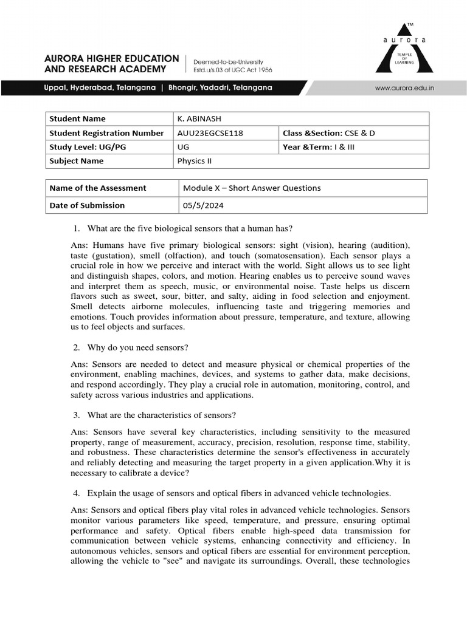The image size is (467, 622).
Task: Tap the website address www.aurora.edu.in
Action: [404, 88]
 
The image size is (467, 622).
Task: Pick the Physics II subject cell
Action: [195, 161]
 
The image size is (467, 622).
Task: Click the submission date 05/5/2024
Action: [203, 205]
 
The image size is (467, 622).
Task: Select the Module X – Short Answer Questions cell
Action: [252, 188]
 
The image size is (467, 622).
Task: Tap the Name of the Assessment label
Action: [98, 188]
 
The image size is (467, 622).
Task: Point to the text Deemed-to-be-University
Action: [228, 61]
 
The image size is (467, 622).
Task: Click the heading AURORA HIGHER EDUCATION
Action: [112, 58]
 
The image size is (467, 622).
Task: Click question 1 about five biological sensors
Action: [190, 228]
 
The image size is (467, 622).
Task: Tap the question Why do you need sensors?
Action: [137, 347]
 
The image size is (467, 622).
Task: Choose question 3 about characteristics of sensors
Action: [161, 415]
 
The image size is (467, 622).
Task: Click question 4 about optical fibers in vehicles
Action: [238, 493]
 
